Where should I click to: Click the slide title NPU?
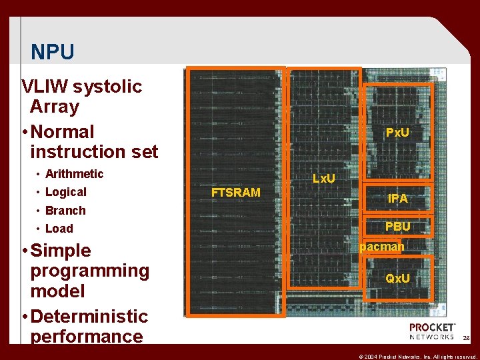tap(53, 52)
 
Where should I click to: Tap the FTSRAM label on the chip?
tap(235, 193)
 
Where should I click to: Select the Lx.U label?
tap(324, 179)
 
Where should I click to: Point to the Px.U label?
tap(397, 133)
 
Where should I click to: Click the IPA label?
tap(398, 199)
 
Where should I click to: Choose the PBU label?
tap(398, 227)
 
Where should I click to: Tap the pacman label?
tap(382, 247)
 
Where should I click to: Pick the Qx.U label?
tap(398, 278)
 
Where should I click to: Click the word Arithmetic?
tap(74, 174)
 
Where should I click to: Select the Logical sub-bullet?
tap(65, 192)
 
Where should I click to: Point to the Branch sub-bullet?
tap(65, 211)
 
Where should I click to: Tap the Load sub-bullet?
tap(59, 229)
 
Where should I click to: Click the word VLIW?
tap(45, 87)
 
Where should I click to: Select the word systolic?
tap(107, 87)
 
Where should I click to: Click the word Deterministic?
tap(89, 316)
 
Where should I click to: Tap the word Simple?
tap(61, 251)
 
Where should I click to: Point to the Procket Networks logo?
tap(432, 331)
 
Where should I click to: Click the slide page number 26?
tap(467, 339)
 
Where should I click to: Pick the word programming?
tap(89, 271)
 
